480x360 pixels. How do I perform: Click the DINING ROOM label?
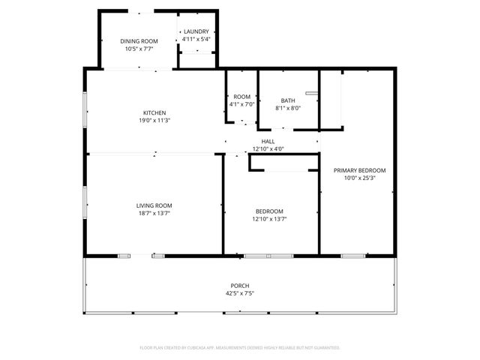click(x=139, y=41)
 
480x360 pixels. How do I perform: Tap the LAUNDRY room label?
click(x=196, y=31)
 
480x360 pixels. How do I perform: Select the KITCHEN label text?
click(x=154, y=112)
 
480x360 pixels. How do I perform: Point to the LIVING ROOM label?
click(x=154, y=205)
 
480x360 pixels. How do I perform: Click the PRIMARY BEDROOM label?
click(x=359, y=170)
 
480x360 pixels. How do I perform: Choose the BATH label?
click(x=288, y=100)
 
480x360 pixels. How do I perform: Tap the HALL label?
click(x=268, y=141)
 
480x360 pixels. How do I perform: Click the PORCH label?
click(x=240, y=286)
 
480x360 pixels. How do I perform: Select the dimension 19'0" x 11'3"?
click(x=154, y=120)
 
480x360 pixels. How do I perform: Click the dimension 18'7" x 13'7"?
click(x=154, y=213)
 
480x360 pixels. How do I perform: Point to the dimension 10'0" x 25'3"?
click(x=359, y=178)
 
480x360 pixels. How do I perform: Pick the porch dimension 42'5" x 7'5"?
click(x=240, y=293)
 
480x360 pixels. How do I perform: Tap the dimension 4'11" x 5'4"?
click(x=196, y=39)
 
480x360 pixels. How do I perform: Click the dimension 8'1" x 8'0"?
click(x=288, y=108)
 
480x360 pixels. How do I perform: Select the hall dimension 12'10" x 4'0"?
click(x=268, y=148)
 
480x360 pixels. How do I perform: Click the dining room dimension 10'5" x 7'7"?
click(x=139, y=49)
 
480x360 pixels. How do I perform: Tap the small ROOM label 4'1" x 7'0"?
click(x=241, y=97)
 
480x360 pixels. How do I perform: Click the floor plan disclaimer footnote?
click(x=240, y=348)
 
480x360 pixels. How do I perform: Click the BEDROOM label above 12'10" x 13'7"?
click(x=269, y=211)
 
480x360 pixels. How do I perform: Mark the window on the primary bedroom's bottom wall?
click(x=352, y=256)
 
